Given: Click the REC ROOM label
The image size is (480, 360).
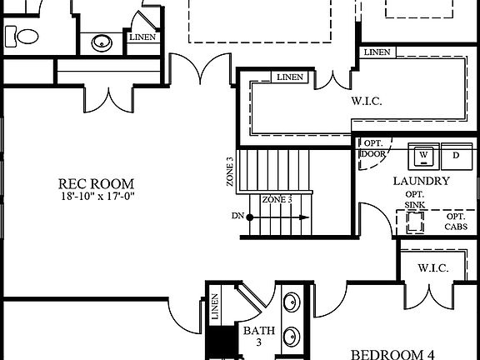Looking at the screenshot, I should coord(97,183).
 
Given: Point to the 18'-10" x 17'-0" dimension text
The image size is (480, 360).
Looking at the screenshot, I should coord(97,196).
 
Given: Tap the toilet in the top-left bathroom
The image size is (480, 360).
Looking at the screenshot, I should coord(23,37).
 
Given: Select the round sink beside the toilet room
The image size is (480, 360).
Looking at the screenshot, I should coord(102,42).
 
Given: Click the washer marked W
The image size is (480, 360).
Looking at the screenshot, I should coord(424,154).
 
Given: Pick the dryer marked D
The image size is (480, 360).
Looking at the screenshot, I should coord(455,154).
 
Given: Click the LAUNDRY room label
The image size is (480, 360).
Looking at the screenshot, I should coord(421,181).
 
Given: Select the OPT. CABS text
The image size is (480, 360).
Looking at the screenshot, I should coord(455,221).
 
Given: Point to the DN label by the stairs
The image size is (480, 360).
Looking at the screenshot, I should coord(238,217).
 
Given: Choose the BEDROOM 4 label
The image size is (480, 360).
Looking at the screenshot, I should coord(391,354).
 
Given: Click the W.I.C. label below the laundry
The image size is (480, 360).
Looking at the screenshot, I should coord(433,268).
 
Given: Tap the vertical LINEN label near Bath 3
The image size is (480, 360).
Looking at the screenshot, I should coord(215,307).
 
